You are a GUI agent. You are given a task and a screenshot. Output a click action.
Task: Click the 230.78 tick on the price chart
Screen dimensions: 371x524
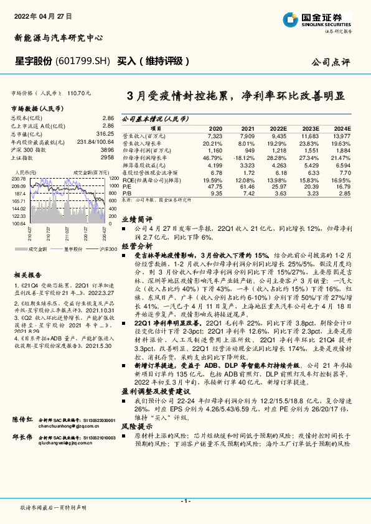pyautogui.click(x=18, y=179)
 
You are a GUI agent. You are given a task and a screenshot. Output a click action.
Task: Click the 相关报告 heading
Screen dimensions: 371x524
pyautogui.click(x=27, y=274)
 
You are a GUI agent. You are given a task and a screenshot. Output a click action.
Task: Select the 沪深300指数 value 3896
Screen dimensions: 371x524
pyautogui.click(x=107, y=151)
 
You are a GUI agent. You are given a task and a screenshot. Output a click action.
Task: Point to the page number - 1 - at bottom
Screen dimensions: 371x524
pyautogui.click(x=185, y=500)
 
